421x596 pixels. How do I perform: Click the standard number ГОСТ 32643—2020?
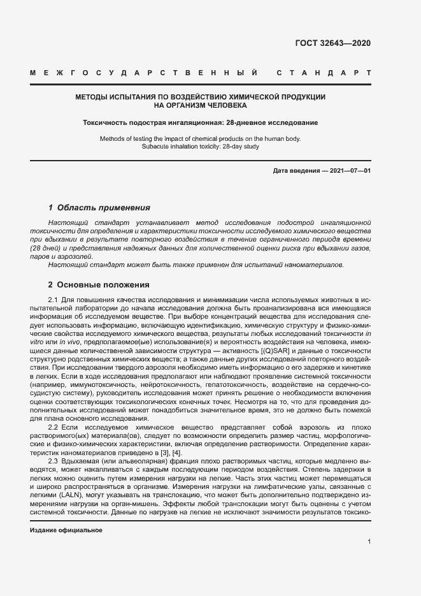(332, 43)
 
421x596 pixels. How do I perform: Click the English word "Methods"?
(114, 138)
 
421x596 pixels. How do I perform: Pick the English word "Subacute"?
(156, 147)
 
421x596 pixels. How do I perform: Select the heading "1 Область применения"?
(99, 208)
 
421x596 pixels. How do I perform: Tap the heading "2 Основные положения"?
(99, 285)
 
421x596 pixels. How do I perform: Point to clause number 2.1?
(54, 300)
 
